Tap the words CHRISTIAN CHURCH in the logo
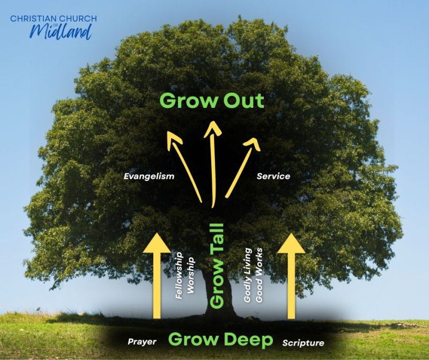coord(53,19)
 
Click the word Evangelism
coord(149,176)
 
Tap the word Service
coord(273,176)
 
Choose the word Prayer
coord(142,342)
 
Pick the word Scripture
coord(303,342)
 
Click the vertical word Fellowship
coord(179,276)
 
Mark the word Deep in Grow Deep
coord(247,340)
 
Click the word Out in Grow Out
coord(244,101)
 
